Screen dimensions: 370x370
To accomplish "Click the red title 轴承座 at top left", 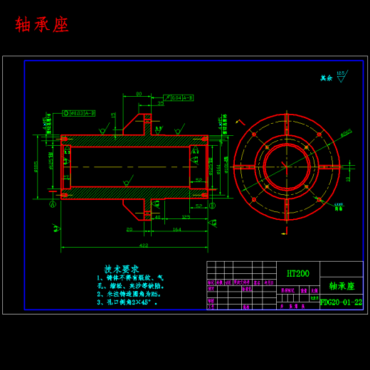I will tap(42, 25).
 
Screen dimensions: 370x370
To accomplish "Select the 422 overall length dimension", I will tap(143, 245).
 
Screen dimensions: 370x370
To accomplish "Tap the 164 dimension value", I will tap(176, 229).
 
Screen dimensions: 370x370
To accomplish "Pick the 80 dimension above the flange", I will tap(138, 93).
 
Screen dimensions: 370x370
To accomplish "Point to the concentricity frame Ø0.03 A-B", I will tap(79, 113).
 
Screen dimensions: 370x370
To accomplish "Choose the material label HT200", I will tap(297, 273).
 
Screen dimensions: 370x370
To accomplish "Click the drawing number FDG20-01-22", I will tap(341, 302).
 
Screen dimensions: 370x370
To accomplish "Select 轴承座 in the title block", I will tap(341, 286).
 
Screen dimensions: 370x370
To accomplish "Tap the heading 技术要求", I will tap(122, 269).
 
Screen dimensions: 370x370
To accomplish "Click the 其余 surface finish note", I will tap(326, 78).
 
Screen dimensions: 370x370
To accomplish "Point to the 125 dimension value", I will tap(186, 217).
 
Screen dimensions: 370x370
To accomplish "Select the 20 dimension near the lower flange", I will tap(129, 229).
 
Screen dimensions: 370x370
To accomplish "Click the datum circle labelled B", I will tap(212, 206).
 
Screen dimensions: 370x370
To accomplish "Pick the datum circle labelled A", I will tap(53, 204).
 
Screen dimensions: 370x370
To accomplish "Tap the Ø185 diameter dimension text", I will tap(36, 166).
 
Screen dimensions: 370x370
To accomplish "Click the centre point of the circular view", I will tap(286, 166).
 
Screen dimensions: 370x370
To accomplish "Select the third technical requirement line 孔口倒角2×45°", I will tap(127, 302).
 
